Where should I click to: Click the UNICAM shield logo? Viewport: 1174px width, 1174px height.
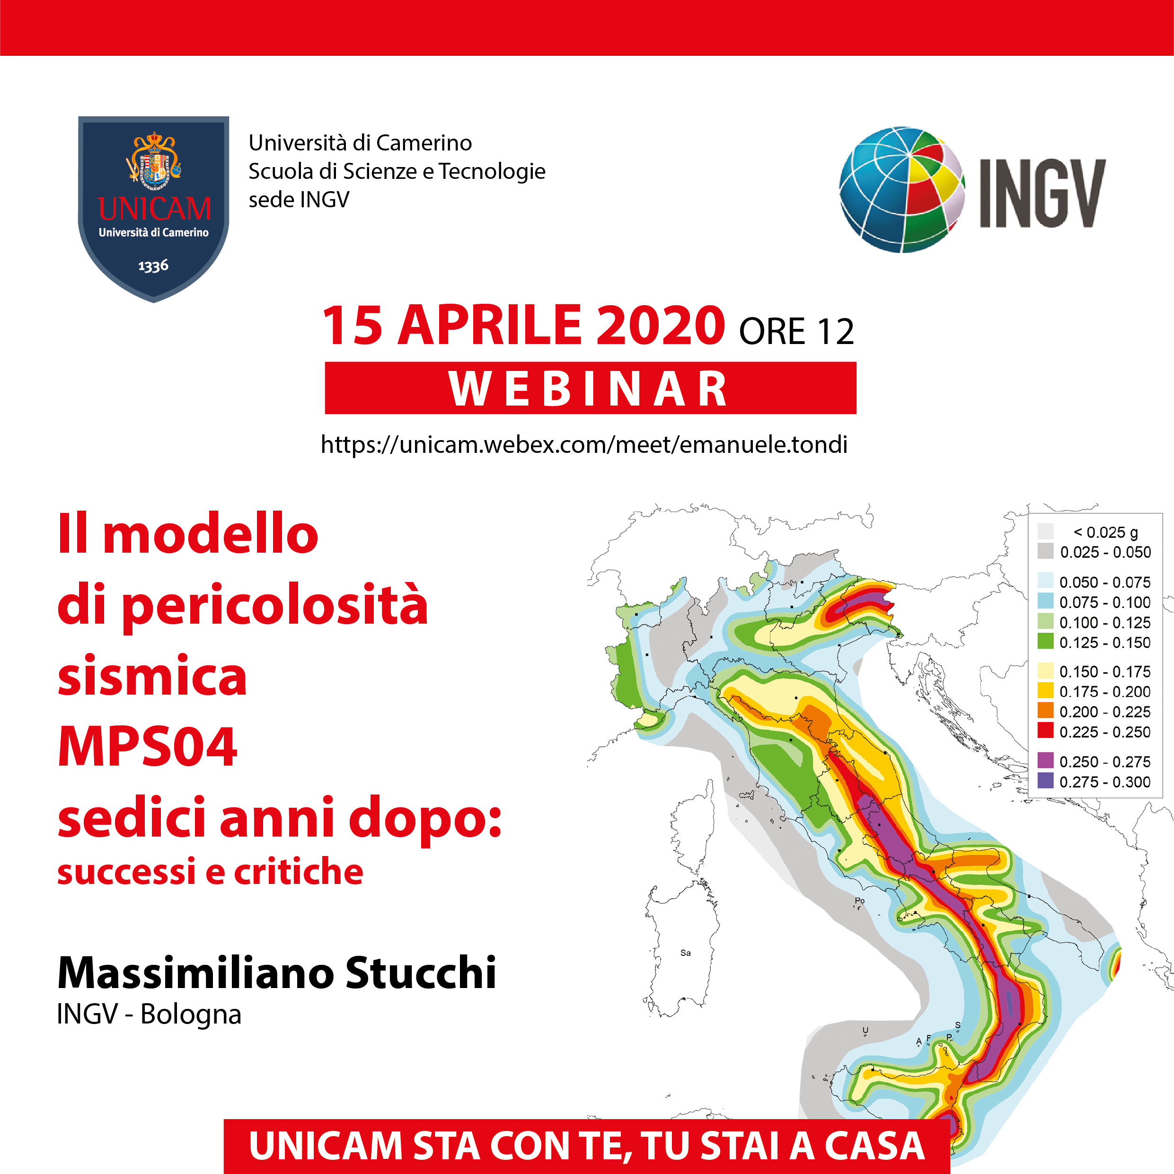click(154, 208)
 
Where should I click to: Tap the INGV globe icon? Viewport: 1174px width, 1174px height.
click(902, 190)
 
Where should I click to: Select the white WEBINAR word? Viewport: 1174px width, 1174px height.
click(588, 388)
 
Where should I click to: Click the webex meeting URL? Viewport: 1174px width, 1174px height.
click(584, 444)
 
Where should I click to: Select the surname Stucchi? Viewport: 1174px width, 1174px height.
click(421, 973)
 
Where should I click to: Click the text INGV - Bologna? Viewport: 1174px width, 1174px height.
click(149, 1014)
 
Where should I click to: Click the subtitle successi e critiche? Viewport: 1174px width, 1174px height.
click(210, 871)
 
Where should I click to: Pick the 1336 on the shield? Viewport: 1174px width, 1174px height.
click(153, 266)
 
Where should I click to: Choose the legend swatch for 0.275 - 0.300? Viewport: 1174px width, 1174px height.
click(1045, 780)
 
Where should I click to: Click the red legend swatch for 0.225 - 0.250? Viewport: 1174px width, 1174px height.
click(1045, 731)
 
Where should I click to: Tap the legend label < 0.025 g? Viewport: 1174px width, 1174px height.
click(1105, 532)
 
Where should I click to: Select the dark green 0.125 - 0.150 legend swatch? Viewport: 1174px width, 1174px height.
click(1045, 641)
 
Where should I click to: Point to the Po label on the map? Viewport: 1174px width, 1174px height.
click(860, 900)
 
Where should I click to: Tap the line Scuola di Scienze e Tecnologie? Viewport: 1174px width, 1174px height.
click(397, 171)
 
